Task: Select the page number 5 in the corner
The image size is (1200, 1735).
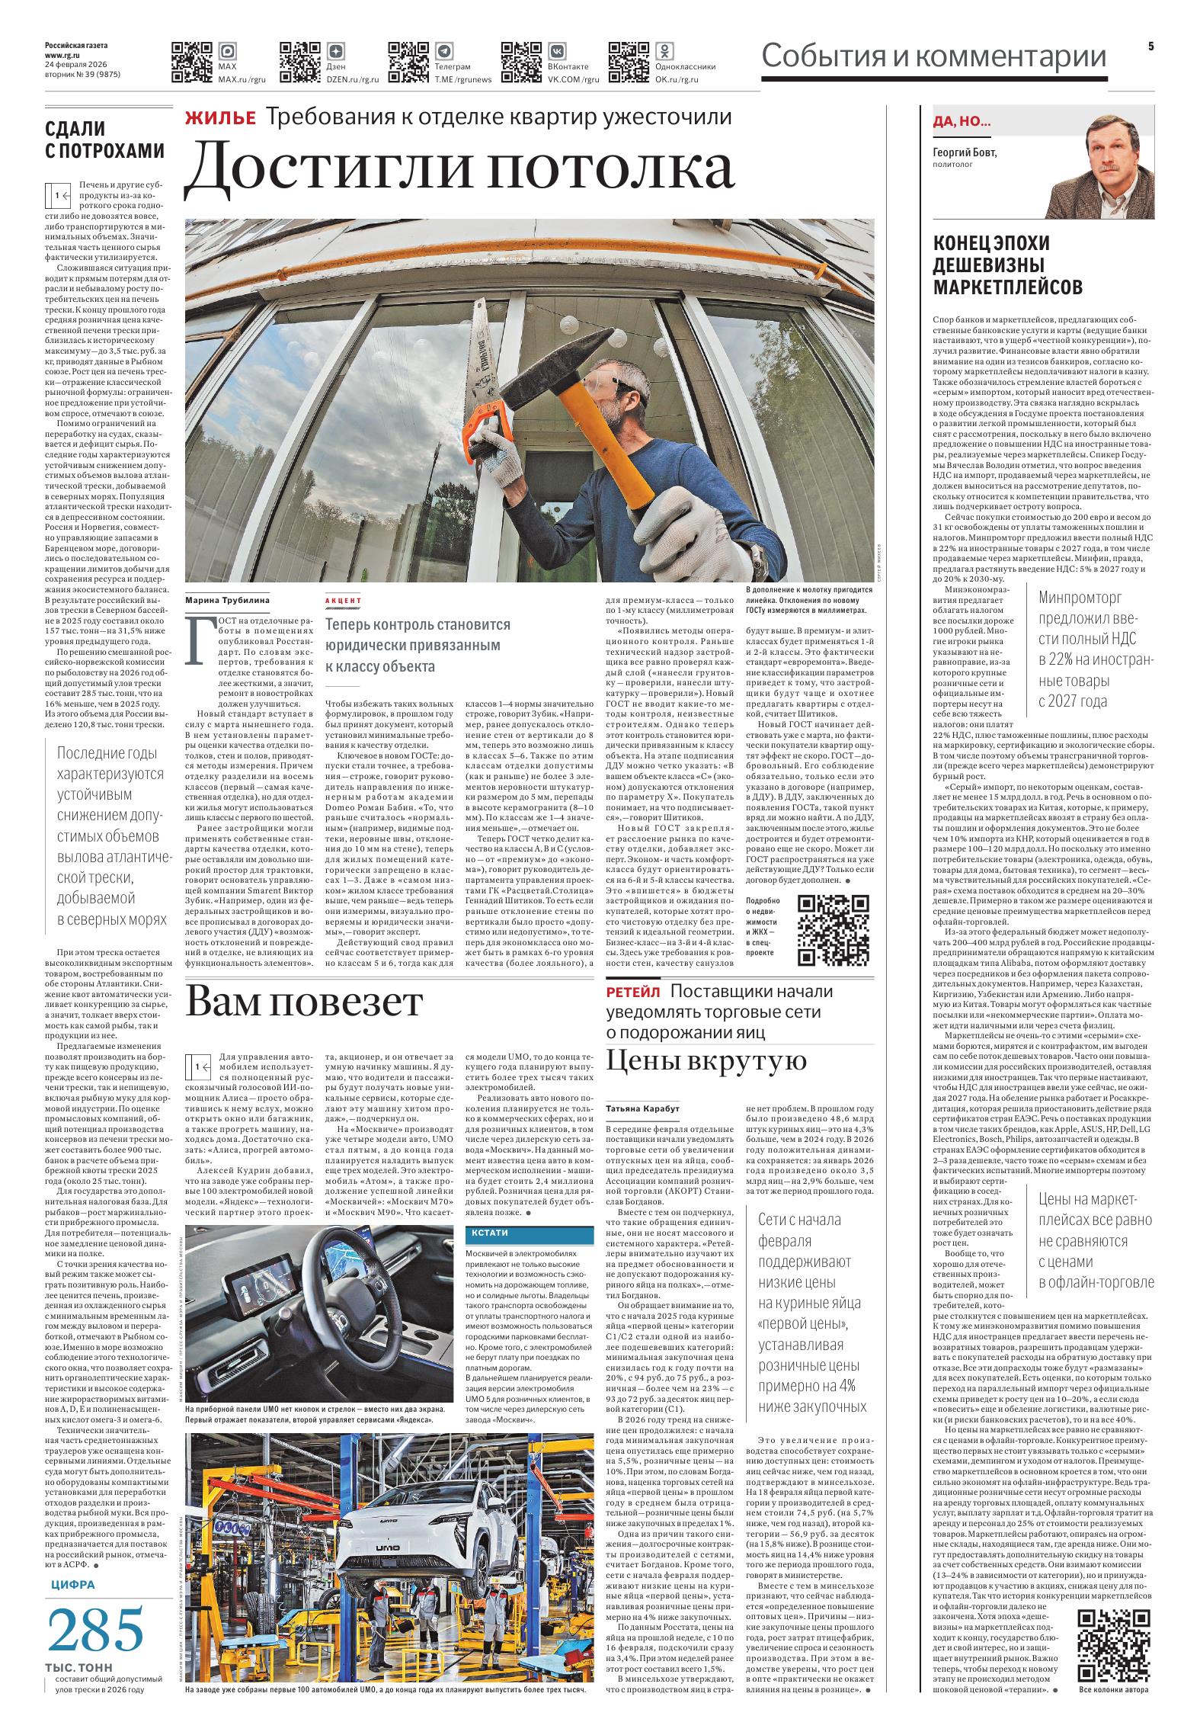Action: (x=1150, y=47)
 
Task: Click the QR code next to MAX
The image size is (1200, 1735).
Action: (x=191, y=62)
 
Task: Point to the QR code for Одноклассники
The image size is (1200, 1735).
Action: (x=629, y=62)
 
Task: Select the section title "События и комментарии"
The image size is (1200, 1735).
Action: (x=934, y=57)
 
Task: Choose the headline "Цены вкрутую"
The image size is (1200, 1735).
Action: (x=706, y=1060)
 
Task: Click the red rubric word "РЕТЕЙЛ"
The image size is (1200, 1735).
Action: (x=633, y=992)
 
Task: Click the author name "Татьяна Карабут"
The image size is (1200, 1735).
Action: (x=642, y=1108)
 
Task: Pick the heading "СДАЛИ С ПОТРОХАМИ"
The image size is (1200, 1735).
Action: (x=104, y=140)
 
